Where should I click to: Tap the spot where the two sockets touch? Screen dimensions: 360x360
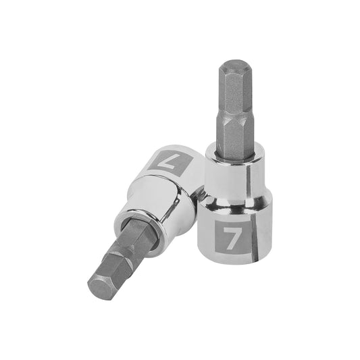[x=198, y=196]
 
